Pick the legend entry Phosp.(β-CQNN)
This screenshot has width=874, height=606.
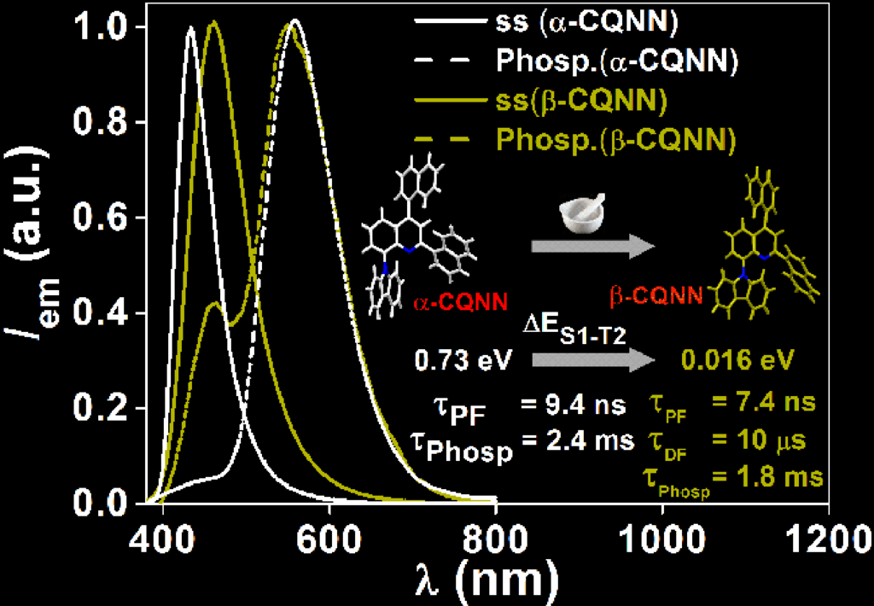point(615,138)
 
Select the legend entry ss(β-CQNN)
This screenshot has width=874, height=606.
point(580,100)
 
